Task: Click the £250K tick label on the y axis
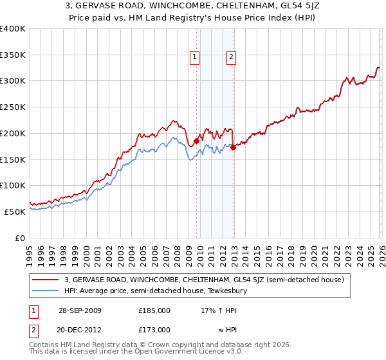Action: tap(13, 107)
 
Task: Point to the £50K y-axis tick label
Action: tap(15, 212)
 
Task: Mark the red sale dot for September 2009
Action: tap(196, 141)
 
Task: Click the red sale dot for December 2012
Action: tap(233, 147)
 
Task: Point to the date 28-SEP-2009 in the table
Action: tap(79, 310)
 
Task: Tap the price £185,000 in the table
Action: tap(154, 310)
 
